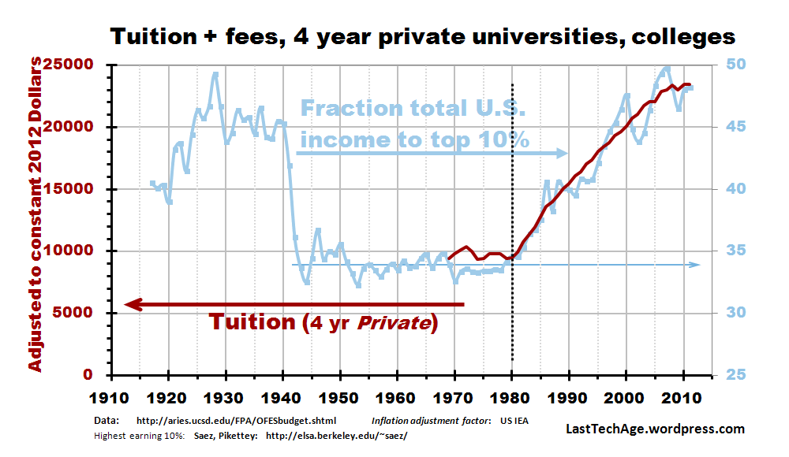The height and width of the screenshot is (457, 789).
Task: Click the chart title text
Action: [422, 36]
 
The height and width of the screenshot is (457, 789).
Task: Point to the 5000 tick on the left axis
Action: [84, 313]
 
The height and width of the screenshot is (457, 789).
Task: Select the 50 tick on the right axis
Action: [730, 65]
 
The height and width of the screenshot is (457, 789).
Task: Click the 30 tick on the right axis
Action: [730, 313]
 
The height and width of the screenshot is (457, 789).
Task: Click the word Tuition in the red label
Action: [252, 322]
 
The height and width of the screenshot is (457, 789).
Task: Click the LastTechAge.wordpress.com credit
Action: [656, 429]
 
